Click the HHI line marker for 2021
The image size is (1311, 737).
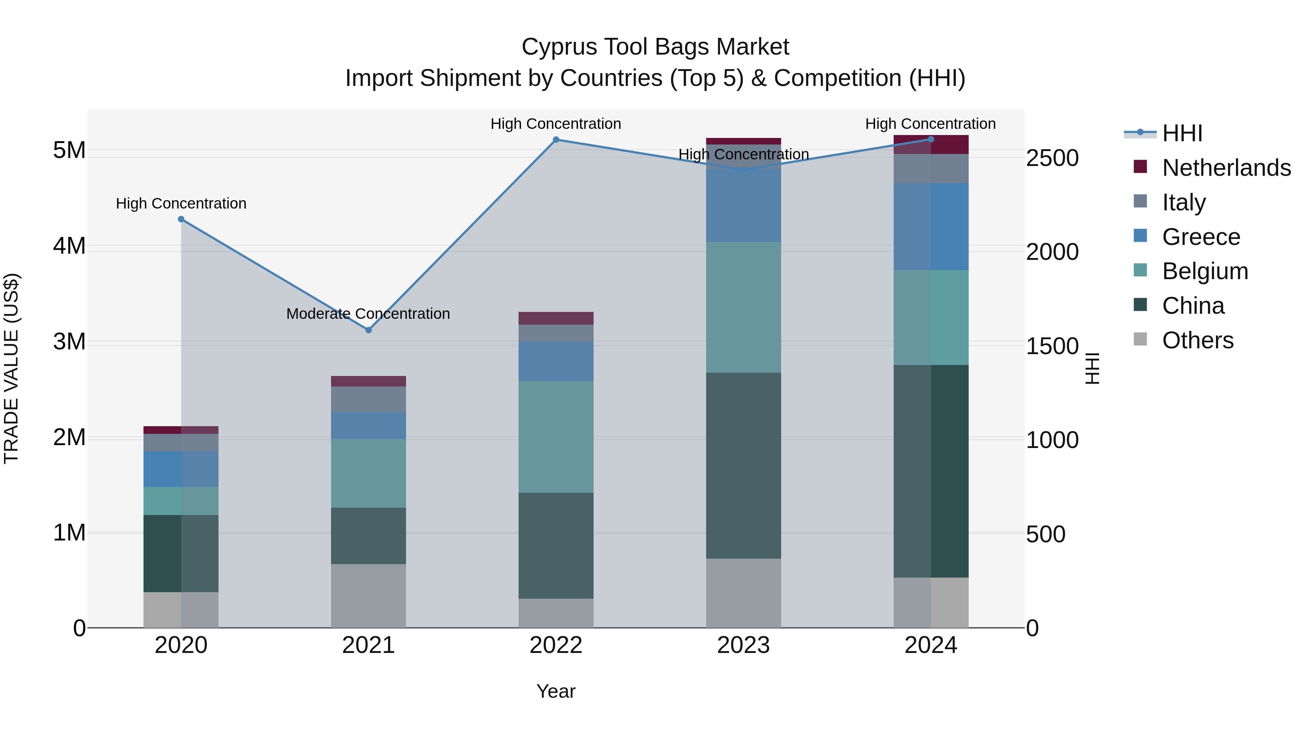point(369,330)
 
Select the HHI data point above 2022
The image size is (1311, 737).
point(556,139)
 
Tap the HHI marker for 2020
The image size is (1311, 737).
point(181,219)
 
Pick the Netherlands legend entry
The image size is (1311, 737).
point(1226,168)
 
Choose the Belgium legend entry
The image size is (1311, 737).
point(1205,271)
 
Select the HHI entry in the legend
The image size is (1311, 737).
point(1182,133)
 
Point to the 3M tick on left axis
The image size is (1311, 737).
point(69,342)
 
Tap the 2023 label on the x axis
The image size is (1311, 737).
point(743,645)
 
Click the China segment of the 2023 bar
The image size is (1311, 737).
point(743,465)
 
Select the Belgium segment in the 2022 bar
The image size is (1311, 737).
point(556,436)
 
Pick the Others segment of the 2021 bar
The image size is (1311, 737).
point(369,595)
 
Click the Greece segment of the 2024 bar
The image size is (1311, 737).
point(931,226)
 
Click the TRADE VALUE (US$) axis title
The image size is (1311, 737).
point(11,368)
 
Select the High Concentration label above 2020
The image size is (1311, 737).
point(181,203)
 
